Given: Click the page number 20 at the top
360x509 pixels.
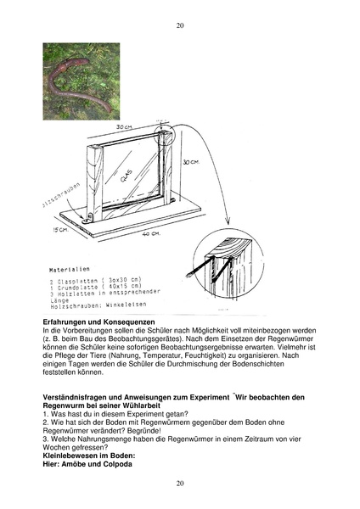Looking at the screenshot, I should [x=180, y=25].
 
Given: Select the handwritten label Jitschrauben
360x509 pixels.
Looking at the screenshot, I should [x=55, y=204].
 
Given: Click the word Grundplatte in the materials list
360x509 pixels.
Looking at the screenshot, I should [x=80, y=286].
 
